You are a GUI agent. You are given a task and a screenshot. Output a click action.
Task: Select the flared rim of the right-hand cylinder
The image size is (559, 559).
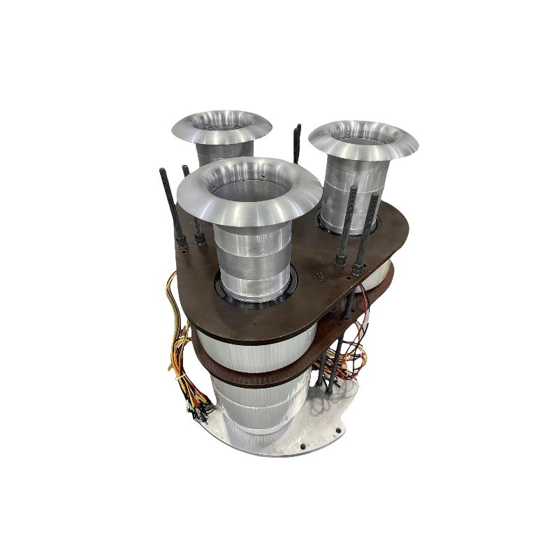(x=405, y=143)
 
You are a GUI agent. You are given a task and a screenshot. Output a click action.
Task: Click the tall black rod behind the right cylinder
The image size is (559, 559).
(x=296, y=143)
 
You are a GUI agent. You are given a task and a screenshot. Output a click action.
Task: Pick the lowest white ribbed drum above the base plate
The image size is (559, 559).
(x=259, y=409)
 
